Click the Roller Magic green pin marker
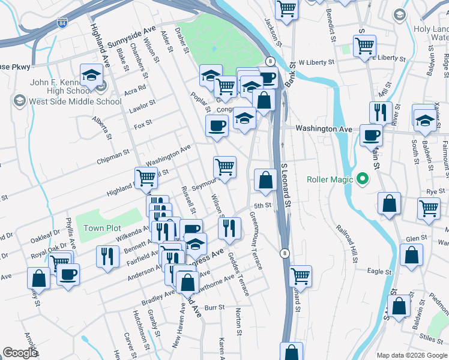pos(362,179)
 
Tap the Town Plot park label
pos(102,228)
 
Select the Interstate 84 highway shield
pos(63,23)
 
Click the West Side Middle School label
pos(76,101)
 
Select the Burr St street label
pos(214,307)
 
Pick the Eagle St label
pos(379,272)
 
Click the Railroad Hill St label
pos(349,245)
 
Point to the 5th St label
pos(262,206)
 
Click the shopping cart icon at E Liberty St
pos(364,45)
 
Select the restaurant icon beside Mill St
pos(381,112)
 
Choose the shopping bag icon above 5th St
pos(265,179)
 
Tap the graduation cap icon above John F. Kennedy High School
pos(91,74)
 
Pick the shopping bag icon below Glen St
pos(412,255)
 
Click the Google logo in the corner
pos(20,353)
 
